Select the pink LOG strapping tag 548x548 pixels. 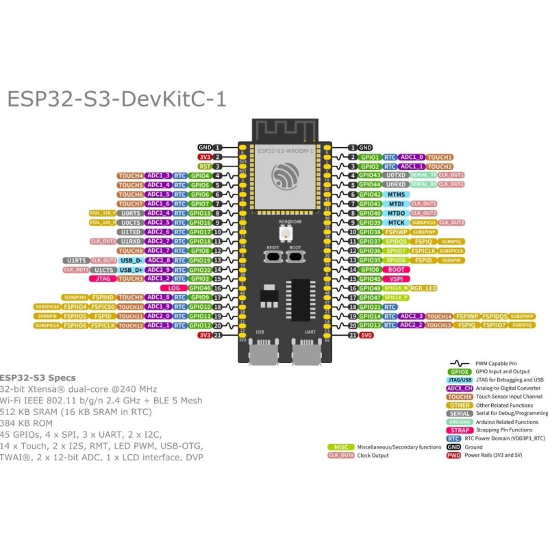174,288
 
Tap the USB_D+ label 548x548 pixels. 131,270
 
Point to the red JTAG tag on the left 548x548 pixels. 103,279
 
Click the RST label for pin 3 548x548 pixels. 204,166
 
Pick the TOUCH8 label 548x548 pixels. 130,251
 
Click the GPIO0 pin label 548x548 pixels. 370,270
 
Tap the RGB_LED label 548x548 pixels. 423,288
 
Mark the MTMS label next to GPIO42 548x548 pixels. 396,194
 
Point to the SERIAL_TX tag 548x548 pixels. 423,175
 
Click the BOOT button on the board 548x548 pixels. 295,256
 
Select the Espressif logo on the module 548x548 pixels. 284,177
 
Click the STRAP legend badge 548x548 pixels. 459,429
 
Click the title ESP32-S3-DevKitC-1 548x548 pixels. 116,99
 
